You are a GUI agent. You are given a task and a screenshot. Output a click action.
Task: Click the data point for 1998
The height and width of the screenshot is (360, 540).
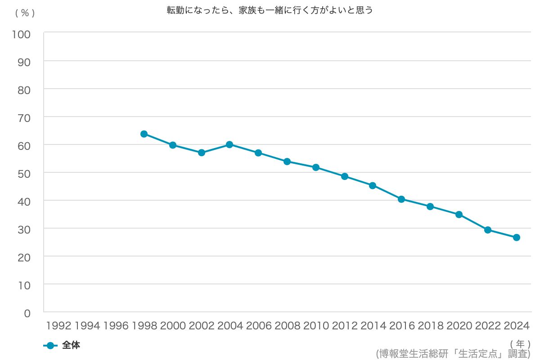click(x=144, y=134)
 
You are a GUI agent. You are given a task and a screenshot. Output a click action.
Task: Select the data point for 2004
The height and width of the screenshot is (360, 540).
click(x=229, y=144)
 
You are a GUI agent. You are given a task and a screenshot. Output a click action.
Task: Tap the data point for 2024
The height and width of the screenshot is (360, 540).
click(x=517, y=237)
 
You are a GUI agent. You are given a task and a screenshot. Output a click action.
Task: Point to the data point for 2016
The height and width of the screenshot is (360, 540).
click(x=401, y=199)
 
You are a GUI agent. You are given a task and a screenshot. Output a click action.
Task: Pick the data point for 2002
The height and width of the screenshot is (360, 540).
click(x=202, y=153)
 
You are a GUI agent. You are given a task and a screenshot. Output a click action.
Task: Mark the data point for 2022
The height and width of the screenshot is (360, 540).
click(x=488, y=229)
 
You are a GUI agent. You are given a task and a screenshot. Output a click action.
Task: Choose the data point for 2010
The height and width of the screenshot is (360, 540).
click(x=316, y=167)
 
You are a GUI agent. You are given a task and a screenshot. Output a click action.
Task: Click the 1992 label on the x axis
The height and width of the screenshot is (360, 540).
click(x=58, y=326)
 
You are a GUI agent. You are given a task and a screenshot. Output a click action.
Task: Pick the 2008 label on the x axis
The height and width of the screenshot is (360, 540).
click(x=287, y=326)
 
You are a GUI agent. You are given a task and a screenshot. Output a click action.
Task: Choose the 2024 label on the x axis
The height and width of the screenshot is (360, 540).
click(x=517, y=326)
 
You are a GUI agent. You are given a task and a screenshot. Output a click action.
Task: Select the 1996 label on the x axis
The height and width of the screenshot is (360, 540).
click(x=116, y=326)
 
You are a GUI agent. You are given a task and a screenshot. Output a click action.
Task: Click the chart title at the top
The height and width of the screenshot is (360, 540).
click(x=270, y=10)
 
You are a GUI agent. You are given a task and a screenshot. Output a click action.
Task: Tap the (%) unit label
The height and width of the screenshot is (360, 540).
click(x=25, y=13)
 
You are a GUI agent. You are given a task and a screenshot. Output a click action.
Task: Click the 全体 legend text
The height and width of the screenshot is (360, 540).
click(x=71, y=346)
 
